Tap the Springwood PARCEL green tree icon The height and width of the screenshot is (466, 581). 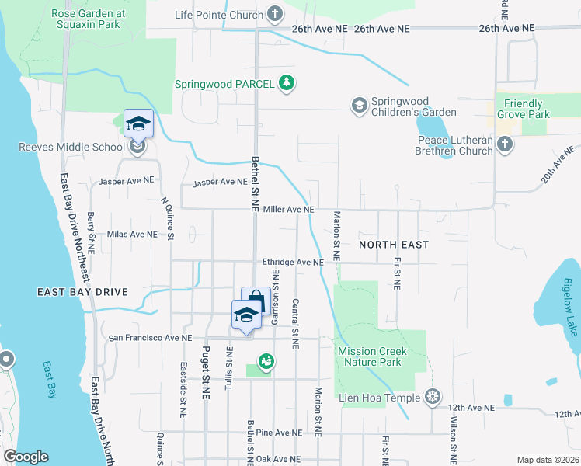287,82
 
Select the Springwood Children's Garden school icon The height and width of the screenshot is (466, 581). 359,105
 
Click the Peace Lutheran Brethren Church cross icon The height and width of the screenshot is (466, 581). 505,144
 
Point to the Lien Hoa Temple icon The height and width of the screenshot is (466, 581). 433,398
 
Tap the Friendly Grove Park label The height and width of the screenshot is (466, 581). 527,109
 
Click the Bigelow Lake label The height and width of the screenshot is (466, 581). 569,307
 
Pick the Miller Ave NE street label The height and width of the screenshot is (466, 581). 288,210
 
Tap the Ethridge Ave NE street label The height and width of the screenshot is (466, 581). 292,263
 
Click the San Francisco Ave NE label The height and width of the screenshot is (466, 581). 150,338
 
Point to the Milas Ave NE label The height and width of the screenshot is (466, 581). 132,234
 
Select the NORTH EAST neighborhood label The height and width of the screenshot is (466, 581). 394,245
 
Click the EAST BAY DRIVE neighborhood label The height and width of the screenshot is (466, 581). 81,292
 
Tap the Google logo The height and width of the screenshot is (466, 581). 26,457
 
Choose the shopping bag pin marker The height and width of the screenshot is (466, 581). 256,301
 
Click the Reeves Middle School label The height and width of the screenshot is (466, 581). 73,147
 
